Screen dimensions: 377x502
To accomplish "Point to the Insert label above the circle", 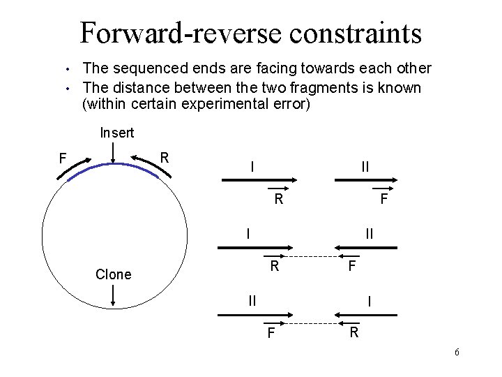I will point(116,132).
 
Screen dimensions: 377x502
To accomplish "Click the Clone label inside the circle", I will point(113,274).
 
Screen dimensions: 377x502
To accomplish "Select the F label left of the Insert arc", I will point(62,158).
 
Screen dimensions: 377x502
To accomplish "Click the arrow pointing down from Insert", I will point(114,153).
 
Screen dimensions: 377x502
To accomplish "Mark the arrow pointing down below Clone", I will point(114,297).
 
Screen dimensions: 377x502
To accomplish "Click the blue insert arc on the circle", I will point(114,165).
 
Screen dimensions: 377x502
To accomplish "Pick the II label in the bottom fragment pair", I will point(253,301).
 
